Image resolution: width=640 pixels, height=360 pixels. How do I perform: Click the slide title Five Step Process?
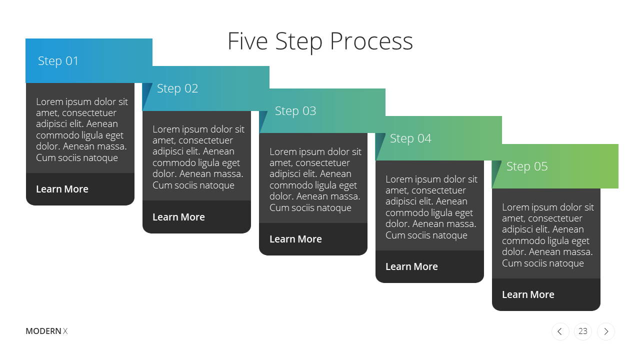pyautogui.click(x=320, y=41)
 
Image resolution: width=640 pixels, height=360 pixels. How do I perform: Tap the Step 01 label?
pyautogui.click(x=58, y=61)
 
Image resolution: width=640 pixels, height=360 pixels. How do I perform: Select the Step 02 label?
pyautogui.click(x=177, y=89)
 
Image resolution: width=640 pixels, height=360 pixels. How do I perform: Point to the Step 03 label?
pyautogui.click(x=295, y=111)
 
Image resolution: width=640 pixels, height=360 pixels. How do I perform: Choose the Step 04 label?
pyautogui.click(x=410, y=139)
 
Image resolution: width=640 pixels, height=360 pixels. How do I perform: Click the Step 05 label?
pyautogui.click(x=527, y=166)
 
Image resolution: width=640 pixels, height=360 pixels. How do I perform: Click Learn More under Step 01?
pyautogui.click(x=62, y=189)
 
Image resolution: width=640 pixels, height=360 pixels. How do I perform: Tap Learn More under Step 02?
pyautogui.click(x=178, y=217)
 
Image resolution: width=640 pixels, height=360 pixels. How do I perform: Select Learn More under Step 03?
pyautogui.click(x=295, y=239)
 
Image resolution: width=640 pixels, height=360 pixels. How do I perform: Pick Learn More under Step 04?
pyautogui.click(x=411, y=267)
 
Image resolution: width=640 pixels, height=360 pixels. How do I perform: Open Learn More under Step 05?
pyautogui.click(x=528, y=294)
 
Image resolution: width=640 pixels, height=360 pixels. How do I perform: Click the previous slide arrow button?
pyautogui.click(x=560, y=331)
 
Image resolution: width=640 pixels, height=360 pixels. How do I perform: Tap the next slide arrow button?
pyautogui.click(x=605, y=331)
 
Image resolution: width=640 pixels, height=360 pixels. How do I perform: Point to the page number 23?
pyautogui.click(x=583, y=331)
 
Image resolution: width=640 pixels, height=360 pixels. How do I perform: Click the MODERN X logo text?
pyautogui.click(x=46, y=331)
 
